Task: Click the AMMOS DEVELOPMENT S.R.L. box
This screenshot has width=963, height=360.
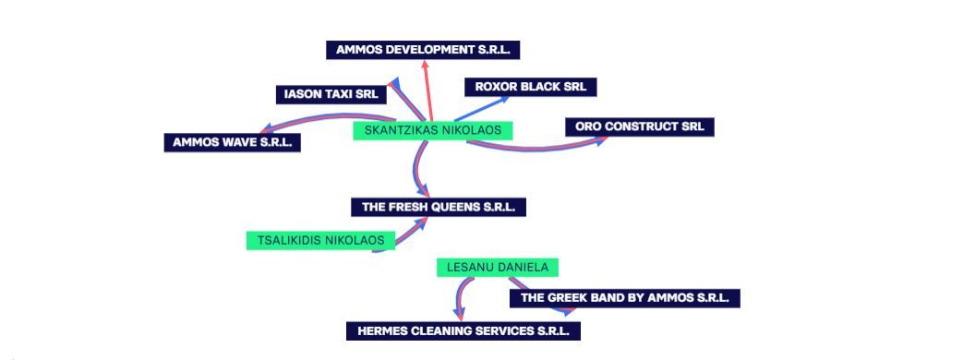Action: click(423, 50)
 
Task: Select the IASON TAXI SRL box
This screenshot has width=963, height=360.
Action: click(331, 94)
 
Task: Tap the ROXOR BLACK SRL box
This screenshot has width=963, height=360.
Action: click(531, 87)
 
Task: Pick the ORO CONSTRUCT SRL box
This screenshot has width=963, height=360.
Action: click(639, 126)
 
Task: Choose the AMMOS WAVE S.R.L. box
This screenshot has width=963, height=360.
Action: click(232, 142)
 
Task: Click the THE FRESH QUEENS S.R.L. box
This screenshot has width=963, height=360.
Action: click(439, 207)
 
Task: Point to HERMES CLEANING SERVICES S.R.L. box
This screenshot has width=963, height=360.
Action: click(463, 331)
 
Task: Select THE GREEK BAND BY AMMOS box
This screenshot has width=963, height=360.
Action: click(624, 298)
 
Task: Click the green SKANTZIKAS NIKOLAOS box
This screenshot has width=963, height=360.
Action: click(433, 130)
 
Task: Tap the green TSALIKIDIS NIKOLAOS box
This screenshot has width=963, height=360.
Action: click(320, 240)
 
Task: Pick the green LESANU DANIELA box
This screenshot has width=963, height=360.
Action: click(498, 268)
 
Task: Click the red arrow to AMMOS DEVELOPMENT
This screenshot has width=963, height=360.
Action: click(428, 90)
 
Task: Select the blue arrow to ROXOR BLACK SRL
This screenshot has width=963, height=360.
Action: click(482, 108)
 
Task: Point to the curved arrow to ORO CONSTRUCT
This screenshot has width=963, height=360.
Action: click(535, 149)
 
